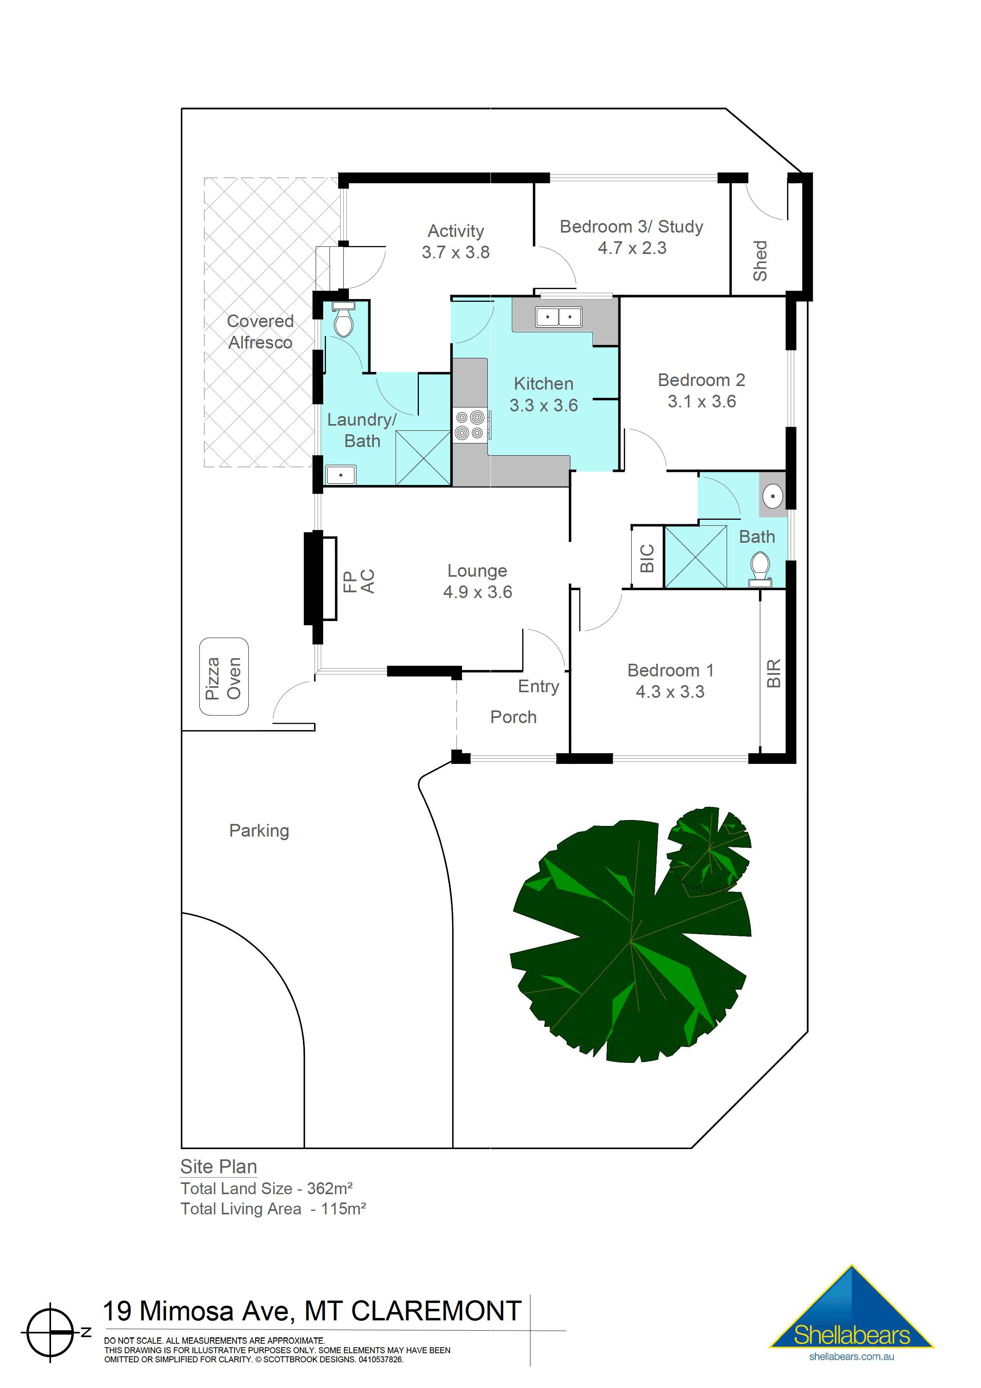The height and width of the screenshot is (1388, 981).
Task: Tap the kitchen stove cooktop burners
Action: pos(470,424)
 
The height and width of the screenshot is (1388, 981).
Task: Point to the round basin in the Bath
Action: pos(773,496)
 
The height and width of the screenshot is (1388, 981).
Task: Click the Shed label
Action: pos(760,261)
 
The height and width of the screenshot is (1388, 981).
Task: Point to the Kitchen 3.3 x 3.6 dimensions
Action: pos(544,405)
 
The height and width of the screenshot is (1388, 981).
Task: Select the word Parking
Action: pos(259,831)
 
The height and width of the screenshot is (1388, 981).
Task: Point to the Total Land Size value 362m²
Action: pos(330,1189)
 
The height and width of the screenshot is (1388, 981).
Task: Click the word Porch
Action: pos(513,717)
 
